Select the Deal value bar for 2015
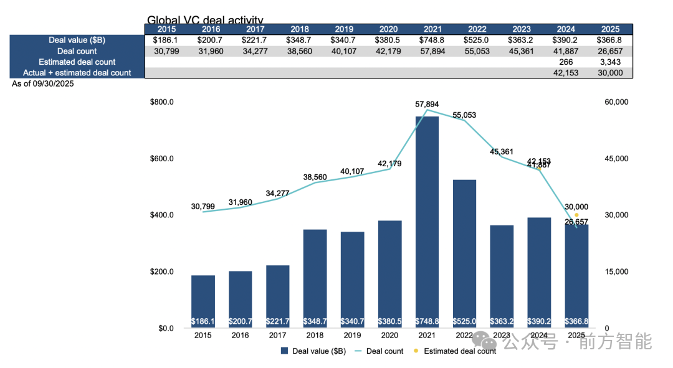point(203,301)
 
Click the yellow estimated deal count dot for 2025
point(576,215)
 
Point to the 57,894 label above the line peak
point(427,104)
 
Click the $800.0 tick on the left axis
point(162,102)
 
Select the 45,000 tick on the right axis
point(616,159)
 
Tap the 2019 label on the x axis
point(352,336)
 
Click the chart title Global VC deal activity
point(205,21)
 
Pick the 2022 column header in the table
point(477,29)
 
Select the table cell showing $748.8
point(433,40)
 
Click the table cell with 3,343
point(611,62)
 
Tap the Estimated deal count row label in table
point(77,62)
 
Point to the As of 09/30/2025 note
point(43,83)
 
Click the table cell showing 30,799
point(166,51)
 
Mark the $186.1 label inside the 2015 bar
point(203,321)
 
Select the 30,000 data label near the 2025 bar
point(576,207)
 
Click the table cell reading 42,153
point(566,73)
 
